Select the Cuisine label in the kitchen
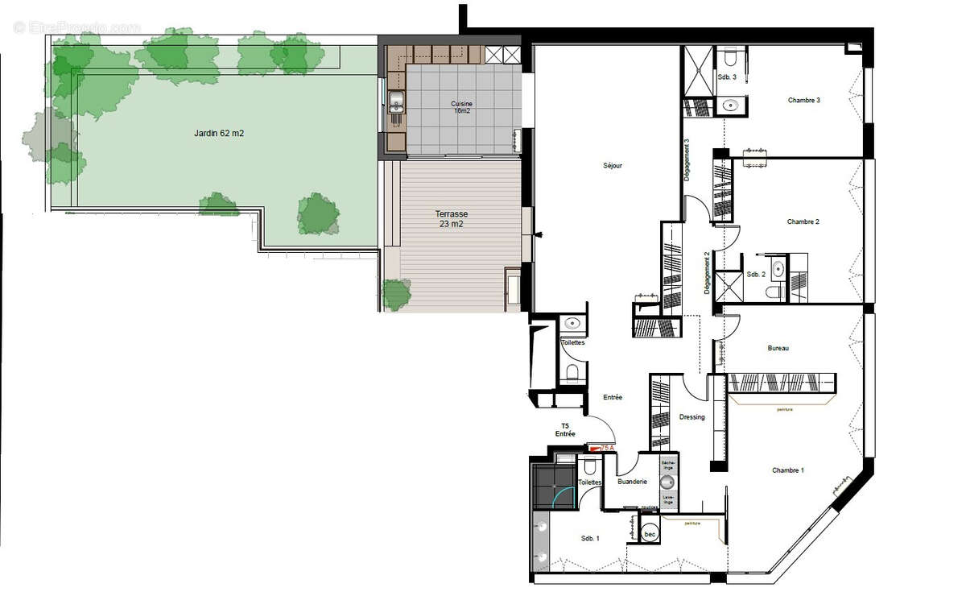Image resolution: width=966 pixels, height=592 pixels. (461, 107)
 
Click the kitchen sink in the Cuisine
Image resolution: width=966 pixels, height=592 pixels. (396, 101)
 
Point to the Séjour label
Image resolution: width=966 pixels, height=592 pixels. (613, 166)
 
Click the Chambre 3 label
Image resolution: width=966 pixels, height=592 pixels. (803, 101)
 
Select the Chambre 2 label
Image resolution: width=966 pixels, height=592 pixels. (803, 221)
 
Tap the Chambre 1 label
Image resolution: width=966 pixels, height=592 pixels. (787, 470)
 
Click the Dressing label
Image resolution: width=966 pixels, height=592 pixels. (691, 417)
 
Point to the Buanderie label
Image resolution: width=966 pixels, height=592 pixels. (632, 482)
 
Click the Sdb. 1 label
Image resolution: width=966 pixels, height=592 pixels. (590, 538)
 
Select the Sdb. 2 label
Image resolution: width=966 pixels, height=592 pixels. (755, 274)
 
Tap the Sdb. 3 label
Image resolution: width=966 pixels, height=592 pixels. (727, 77)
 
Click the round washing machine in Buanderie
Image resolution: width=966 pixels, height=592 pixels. (667, 482)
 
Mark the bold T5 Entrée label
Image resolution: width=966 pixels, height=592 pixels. (564, 429)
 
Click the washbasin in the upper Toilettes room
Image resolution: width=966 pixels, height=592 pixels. (572, 324)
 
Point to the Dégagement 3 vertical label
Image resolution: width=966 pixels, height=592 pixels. (687, 161)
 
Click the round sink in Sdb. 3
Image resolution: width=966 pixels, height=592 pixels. (730, 105)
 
